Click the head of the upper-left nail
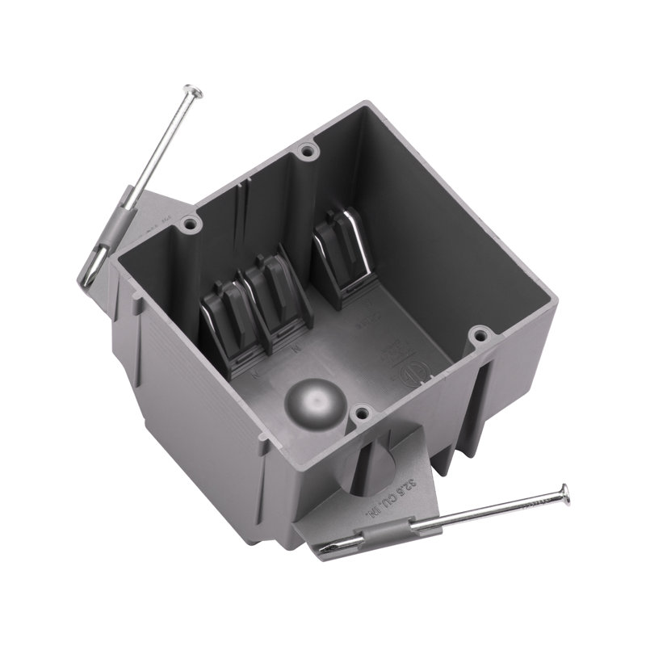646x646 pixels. click(x=193, y=91)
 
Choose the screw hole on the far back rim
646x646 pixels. click(x=304, y=150)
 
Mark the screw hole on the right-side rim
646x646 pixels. click(x=480, y=333)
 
